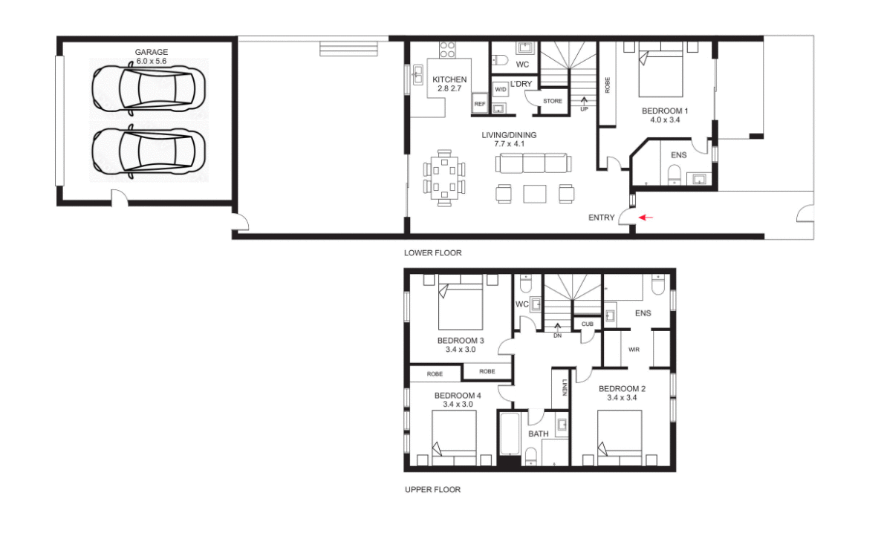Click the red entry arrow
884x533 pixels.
(647, 218)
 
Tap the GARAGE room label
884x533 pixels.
(151, 52)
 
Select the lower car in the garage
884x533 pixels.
(144, 152)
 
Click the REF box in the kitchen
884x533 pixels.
(479, 105)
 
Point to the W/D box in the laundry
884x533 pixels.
(501, 88)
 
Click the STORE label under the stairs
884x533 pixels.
(552, 101)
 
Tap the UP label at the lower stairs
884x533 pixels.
(584, 108)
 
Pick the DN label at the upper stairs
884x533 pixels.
(557, 336)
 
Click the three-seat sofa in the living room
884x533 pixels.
(532, 163)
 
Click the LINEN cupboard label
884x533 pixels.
(565, 388)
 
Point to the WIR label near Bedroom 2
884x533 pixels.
(634, 349)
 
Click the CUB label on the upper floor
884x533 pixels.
(587, 324)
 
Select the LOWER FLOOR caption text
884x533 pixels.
(432, 253)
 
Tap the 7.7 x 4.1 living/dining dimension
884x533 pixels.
(508, 144)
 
